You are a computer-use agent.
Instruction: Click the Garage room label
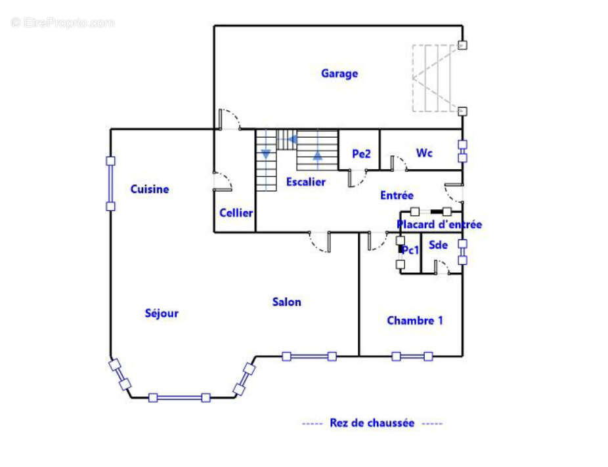point(339,73)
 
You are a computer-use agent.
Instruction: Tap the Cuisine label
point(149,190)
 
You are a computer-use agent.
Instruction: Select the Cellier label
point(236,213)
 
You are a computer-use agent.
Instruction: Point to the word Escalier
point(305,182)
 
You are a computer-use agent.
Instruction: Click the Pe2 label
point(361,154)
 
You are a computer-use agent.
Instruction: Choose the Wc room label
point(424,153)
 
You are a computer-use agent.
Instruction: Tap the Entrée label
point(397,195)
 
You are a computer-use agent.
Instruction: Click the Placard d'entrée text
point(439,224)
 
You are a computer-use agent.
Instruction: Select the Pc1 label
point(411,251)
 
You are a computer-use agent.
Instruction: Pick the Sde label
point(438,245)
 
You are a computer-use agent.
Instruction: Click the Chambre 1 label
point(414,321)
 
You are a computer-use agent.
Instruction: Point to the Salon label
point(287,302)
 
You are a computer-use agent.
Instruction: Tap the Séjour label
point(162,314)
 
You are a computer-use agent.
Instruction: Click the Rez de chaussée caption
point(372,423)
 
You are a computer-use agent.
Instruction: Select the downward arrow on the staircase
point(266,154)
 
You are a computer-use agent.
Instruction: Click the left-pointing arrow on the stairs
point(293,139)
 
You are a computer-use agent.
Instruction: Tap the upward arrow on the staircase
point(318,156)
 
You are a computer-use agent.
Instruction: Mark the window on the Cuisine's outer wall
point(110,183)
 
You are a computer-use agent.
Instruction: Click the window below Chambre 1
point(412,356)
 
